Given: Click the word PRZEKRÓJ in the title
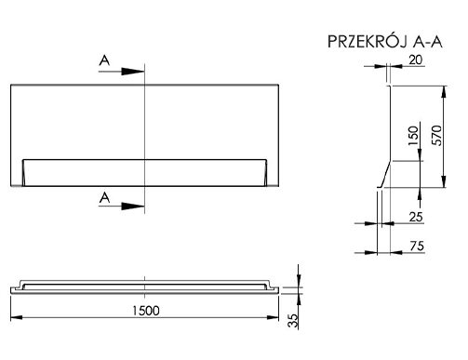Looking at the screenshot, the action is (x=368, y=42).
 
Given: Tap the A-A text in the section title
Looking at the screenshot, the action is (x=427, y=42).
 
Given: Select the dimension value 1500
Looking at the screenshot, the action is (x=146, y=311).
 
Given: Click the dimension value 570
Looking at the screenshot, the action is (x=436, y=135).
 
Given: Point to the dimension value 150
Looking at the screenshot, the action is (x=413, y=136).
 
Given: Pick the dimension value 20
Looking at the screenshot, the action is (x=416, y=60).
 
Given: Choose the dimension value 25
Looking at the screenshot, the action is (x=416, y=217).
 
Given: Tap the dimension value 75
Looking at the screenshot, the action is (x=417, y=246).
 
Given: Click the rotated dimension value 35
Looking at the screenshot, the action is (x=292, y=321).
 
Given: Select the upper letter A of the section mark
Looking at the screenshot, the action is (x=104, y=60).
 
